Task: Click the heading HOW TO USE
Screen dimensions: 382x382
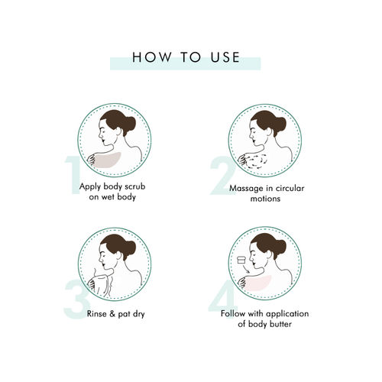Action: [185, 58]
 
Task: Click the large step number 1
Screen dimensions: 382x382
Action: [72, 175]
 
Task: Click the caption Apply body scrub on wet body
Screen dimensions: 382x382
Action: [117, 192]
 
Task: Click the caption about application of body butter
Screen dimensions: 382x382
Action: [265, 319]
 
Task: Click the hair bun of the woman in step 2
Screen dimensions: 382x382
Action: [279, 123]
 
